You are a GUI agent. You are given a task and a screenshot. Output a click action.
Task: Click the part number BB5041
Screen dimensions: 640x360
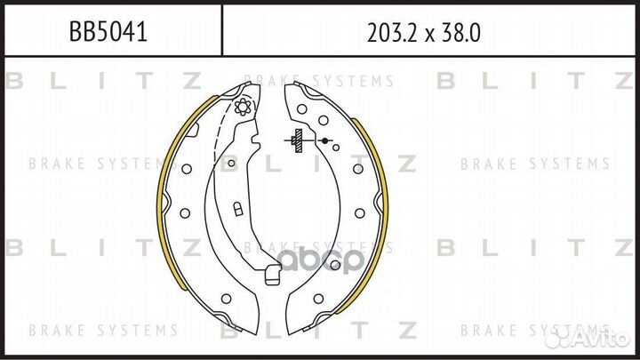108,31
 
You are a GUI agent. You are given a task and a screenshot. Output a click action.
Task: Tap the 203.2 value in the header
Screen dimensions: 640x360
393,33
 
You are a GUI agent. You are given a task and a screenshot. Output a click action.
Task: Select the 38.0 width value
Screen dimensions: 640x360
461,33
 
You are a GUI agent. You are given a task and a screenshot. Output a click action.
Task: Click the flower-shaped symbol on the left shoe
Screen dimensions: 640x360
243,107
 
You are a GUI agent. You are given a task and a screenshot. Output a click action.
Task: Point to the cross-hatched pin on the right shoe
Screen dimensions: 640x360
299,140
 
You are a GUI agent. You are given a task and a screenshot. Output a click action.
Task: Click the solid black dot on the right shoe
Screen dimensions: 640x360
324,140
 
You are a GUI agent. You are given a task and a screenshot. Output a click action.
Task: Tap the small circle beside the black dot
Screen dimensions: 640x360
336,148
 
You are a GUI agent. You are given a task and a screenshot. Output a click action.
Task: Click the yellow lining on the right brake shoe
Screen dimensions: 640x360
375,212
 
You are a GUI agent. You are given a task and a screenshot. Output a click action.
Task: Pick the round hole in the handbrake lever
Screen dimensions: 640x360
231,164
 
